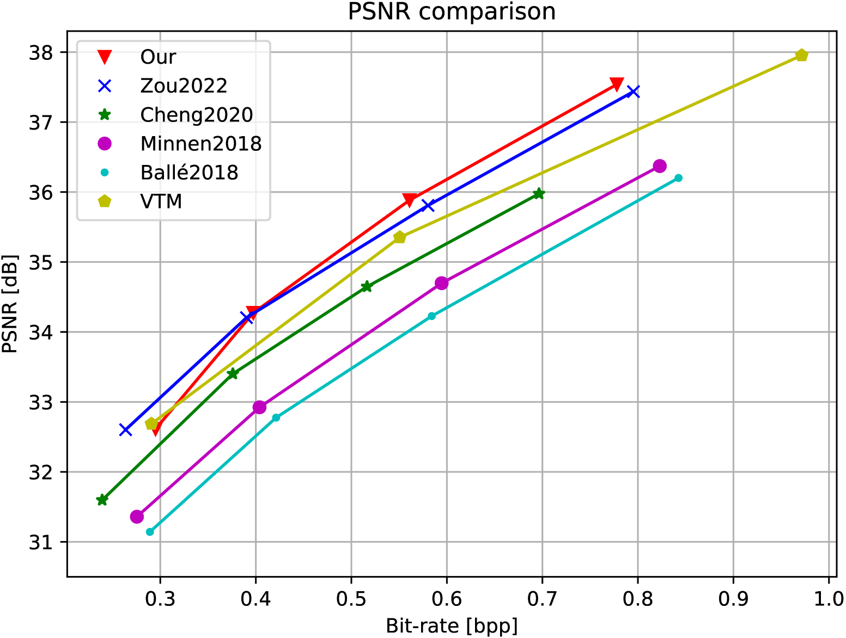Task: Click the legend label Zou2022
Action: click(x=184, y=86)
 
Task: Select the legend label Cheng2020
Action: click(x=196, y=115)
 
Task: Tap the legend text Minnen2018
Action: click(x=200, y=144)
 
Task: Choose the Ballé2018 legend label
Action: click(x=189, y=173)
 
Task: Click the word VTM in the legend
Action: click(x=161, y=201)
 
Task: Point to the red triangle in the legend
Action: click(x=104, y=57)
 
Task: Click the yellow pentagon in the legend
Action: click(x=104, y=201)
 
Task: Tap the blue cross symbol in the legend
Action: click(x=104, y=86)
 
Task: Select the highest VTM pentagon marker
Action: click(x=801, y=55)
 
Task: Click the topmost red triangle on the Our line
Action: click(x=617, y=84)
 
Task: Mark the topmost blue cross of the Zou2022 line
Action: click(x=632, y=91)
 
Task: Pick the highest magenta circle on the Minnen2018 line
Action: click(x=659, y=166)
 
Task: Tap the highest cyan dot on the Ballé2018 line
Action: click(x=678, y=178)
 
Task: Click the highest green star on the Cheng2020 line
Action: click(x=538, y=194)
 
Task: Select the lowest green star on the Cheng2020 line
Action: click(x=102, y=500)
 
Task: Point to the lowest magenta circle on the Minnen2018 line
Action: click(x=137, y=516)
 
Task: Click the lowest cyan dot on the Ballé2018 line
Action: click(x=150, y=532)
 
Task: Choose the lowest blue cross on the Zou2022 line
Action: click(x=125, y=430)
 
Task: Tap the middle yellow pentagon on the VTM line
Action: click(x=399, y=237)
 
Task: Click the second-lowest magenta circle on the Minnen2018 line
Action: click(x=259, y=407)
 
